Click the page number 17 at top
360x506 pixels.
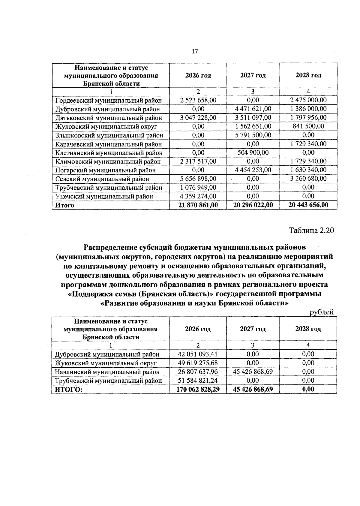tap(195, 52)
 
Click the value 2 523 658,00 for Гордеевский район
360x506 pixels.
tap(198, 100)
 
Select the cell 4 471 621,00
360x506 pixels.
tap(253, 109)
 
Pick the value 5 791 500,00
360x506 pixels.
tap(253, 135)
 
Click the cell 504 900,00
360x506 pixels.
tap(253, 153)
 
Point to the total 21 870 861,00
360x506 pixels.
tap(198, 205)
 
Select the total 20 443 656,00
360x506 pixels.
tap(308, 205)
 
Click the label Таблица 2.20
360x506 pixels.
tap(311, 230)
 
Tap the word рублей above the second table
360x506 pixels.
tap(322, 312)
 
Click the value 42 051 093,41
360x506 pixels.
tap(198, 354)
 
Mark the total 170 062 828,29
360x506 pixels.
tap(198, 390)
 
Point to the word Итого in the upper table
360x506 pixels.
tap(64, 206)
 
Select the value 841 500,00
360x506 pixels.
tap(308, 126)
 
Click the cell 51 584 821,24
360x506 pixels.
tap(198, 381)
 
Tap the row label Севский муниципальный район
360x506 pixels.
tap(102, 179)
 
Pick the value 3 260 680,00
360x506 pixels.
tap(308, 179)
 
